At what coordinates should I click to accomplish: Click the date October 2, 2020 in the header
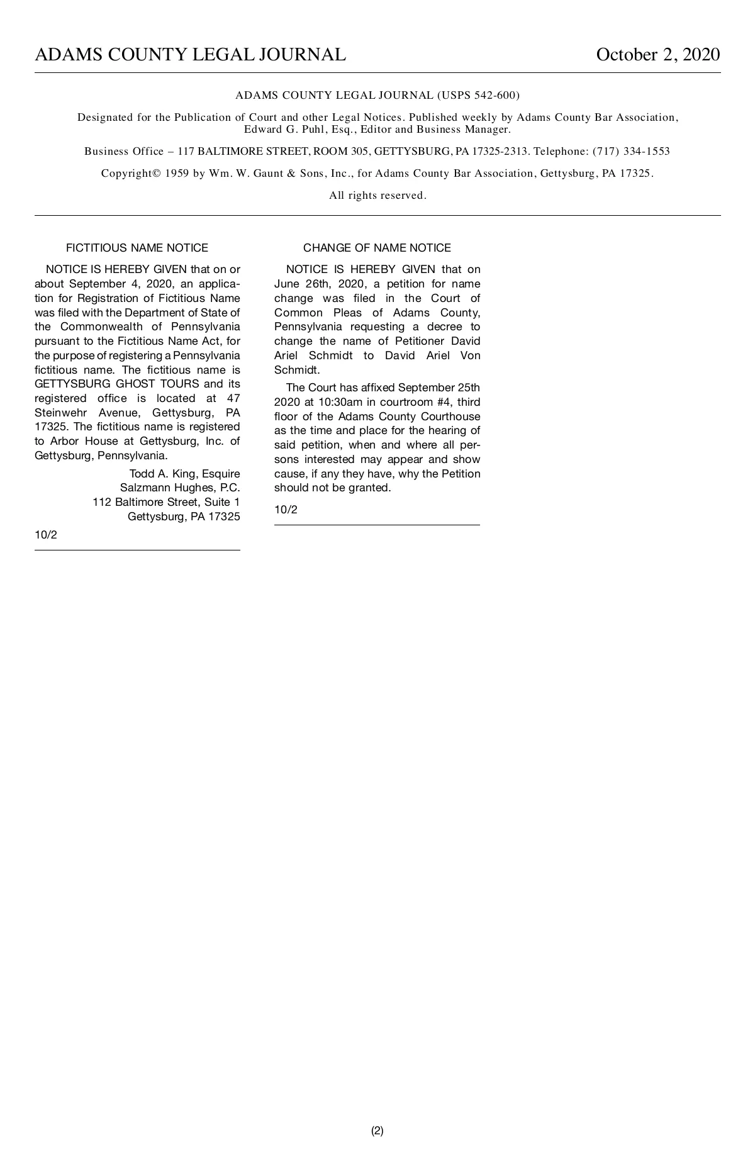[657, 55]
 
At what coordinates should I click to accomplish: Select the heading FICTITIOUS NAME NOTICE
[137, 248]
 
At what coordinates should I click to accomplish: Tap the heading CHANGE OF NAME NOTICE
[377, 248]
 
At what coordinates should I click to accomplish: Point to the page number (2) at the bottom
[377, 1131]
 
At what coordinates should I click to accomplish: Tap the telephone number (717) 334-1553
[631, 152]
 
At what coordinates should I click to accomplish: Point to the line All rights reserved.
[377, 196]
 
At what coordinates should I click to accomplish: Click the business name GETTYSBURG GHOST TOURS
[117, 384]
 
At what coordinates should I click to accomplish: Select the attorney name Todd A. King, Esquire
[184, 474]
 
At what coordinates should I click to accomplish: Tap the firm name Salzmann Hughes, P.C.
[180, 488]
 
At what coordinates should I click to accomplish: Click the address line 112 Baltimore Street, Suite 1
[166, 502]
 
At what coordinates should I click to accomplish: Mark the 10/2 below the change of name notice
[286, 510]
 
